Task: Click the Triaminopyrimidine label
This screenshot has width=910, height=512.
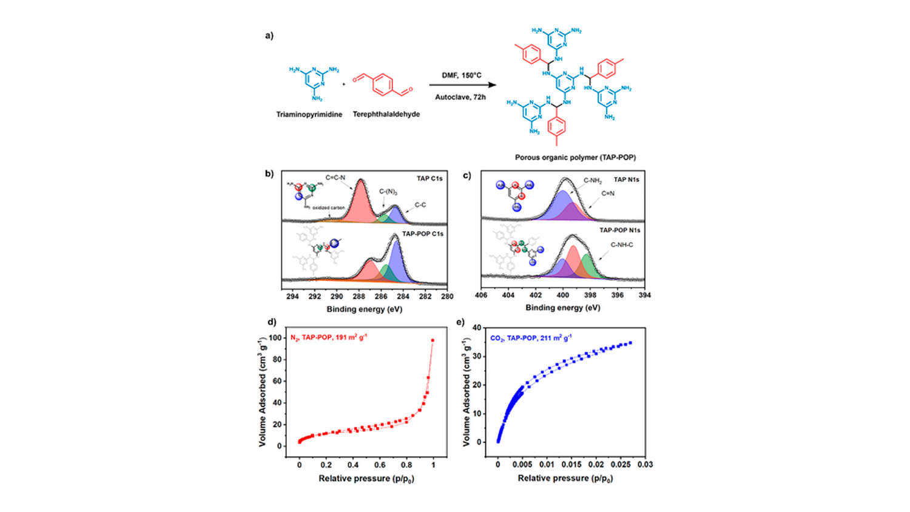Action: coord(309,114)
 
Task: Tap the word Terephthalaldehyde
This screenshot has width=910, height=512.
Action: coord(386,114)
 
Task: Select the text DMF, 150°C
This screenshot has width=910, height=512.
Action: coord(461,75)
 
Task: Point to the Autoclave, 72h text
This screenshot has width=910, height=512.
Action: coord(460,97)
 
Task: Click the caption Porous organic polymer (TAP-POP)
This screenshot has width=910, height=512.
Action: coord(575,157)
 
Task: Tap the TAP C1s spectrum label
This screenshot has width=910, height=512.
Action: coord(430,178)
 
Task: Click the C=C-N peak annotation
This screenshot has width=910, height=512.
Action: coord(335,178)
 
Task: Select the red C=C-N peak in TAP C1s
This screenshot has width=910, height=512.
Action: coord(360,200)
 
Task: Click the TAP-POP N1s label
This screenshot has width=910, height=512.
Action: coord(619,231)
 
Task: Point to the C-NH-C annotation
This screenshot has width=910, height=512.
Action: coord(621,245)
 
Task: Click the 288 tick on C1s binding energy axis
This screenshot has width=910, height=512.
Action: coord(359,297)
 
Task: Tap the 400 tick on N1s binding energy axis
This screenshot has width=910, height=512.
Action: coord(563,295)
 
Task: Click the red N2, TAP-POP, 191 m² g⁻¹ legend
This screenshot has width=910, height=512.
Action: coord(328,337)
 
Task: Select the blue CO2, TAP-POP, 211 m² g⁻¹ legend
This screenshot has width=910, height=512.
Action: coord(531,338)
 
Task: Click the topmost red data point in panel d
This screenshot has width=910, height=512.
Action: coord(433,340)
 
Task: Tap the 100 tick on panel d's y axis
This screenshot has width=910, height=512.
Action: coord(275,338)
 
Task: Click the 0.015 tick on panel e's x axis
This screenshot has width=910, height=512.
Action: coord(571,465)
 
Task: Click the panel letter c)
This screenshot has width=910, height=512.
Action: coord(467,175)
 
